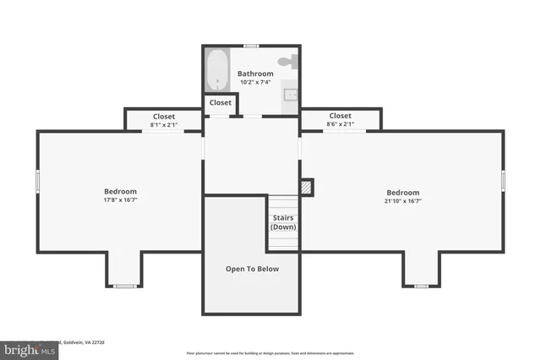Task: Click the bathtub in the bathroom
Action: tap(218, 70)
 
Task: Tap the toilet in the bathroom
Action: tap(289, 62)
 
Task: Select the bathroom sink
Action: tap(290, 94)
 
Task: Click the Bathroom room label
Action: tap(254, 74)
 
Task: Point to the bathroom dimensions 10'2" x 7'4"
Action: tap(254, 83)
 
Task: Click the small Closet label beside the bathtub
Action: tap(220, 102)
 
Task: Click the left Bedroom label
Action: tap(120, 191)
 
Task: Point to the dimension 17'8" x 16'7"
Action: tap(120, 200)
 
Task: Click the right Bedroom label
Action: tap(403, 191)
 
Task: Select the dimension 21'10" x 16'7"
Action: tap(403, 200)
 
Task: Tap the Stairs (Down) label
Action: tap(283, 222)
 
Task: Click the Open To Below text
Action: tap(251, 269)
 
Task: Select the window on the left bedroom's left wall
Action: tap(37, 181)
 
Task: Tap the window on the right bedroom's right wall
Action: tap(503, 180)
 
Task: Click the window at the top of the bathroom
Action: tap(251, 45)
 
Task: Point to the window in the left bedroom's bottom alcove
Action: tap(125, 286)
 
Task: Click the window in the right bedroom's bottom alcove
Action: tap(421, 286)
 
